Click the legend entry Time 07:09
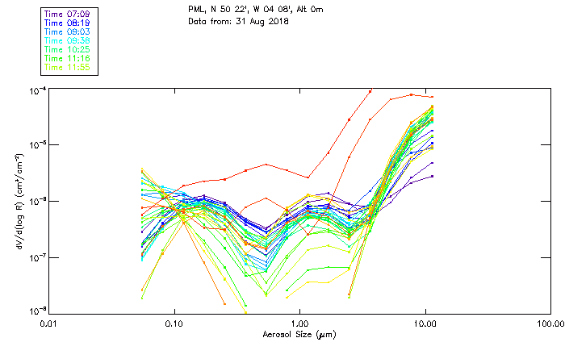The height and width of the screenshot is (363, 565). [x=69, y=14]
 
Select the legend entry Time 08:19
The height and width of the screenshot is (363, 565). [x=69, y=23]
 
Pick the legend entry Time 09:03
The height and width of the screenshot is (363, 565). [x=69, y=31]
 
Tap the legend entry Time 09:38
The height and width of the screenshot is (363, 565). [x=69, y=40]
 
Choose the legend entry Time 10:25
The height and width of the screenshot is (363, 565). [x=69, y=49]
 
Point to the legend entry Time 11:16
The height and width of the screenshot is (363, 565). [x=69, y=58]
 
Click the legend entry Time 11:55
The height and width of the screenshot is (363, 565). [x=69, y=67]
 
